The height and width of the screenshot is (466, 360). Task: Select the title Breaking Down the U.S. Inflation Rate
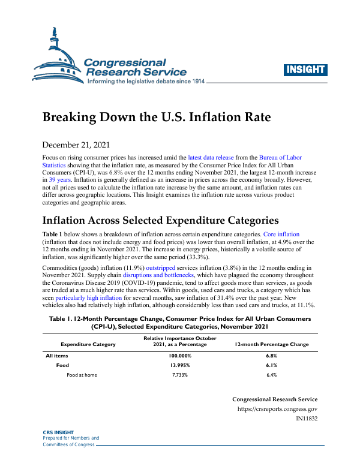[x=156, y=117]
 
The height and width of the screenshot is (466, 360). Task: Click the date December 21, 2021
[x=76, y=145]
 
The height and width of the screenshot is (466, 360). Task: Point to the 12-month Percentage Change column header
[x=271, y=345]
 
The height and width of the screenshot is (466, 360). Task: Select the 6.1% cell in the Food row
[x=271, y=365]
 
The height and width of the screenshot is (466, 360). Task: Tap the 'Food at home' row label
[x=82, y=375]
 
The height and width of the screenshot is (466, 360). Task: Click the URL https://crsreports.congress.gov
[x=278, y=410]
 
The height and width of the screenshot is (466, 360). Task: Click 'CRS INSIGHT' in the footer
[x=58, y=432]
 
